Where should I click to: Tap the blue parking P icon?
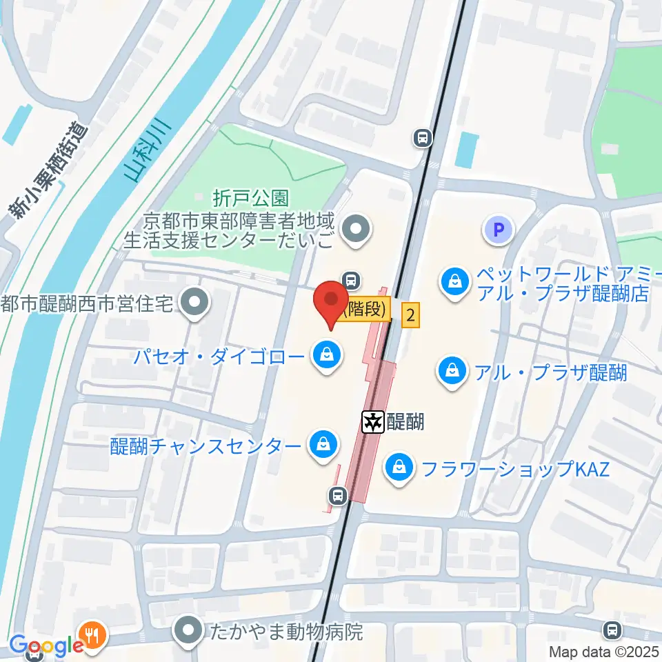(499, 230)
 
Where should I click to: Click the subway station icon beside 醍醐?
(373, 421)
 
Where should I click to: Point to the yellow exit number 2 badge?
(410, 317)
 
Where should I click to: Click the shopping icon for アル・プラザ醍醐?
(452, 373)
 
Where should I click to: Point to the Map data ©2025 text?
(603, 651)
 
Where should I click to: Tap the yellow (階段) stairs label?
(363, 309)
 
